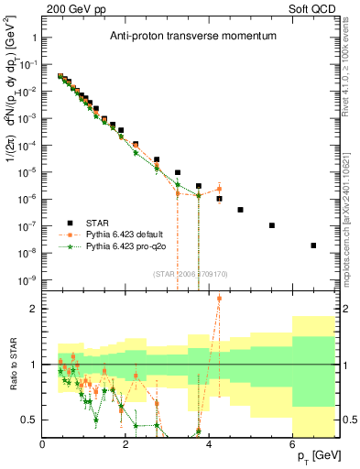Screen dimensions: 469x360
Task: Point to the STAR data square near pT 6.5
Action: coord(313,245)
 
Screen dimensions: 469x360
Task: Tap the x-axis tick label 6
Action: coord(292,443)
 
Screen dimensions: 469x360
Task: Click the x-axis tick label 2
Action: coord(125,443)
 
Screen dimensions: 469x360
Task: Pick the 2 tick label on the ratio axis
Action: coord(34,309)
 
